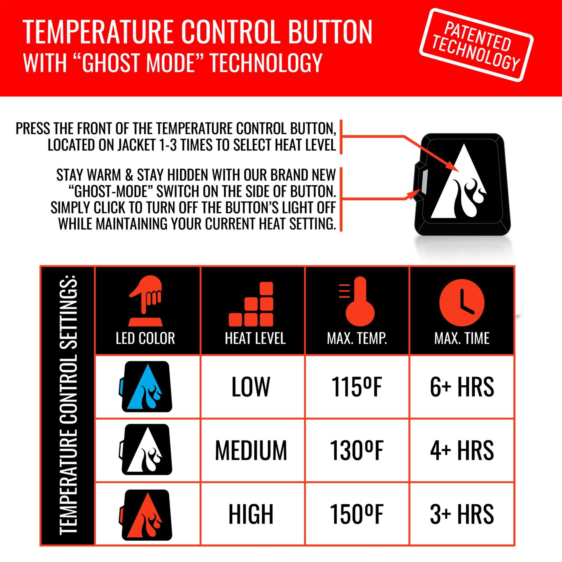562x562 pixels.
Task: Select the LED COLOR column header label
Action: [x=145, y=338]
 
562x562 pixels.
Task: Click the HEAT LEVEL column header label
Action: [x=255, y=338]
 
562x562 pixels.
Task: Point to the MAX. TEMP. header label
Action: [x=357, y=338]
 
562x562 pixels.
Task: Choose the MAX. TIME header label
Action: [x=462, y=338]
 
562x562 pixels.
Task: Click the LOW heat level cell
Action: [x=251, y=387]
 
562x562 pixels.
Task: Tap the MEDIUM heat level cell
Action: [x=251, y=450]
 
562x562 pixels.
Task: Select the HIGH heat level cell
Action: [x=251, y=514]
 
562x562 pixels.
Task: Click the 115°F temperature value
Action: [x=356, y=387]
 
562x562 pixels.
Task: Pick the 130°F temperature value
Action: [x=356, y=450]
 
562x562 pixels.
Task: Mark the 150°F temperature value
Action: [x=356, y=514]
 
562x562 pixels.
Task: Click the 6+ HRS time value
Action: [x=462, y=387]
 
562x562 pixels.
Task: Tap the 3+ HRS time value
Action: [x=462, y=514]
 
